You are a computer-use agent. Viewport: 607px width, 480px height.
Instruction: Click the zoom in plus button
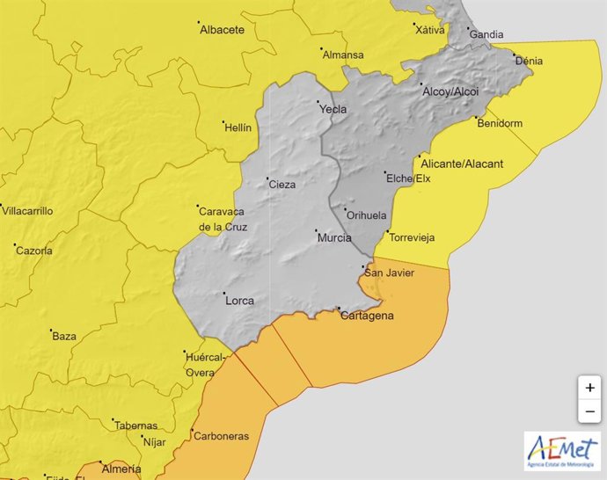point(589,388)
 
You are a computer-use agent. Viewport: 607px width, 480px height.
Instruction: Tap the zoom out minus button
point(589,411)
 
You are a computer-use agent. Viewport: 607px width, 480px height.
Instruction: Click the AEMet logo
point(561,451)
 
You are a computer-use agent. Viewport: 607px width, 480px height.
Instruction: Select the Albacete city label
point(222,30)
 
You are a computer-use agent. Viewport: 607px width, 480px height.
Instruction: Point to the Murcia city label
point(333,237)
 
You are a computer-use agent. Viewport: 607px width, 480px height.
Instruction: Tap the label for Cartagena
point(367,316)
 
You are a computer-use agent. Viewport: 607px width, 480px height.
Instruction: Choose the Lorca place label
point(239,301)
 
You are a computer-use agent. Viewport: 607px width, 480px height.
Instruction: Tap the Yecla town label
point(333,110)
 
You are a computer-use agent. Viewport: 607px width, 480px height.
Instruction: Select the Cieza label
point(282,185)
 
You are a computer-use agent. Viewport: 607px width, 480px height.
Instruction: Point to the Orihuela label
point(367,215)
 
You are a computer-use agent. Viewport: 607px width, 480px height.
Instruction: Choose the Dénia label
point(529,62)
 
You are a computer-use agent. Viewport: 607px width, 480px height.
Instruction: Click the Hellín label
point(238,127)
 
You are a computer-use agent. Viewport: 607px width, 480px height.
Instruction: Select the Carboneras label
point(223,436)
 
